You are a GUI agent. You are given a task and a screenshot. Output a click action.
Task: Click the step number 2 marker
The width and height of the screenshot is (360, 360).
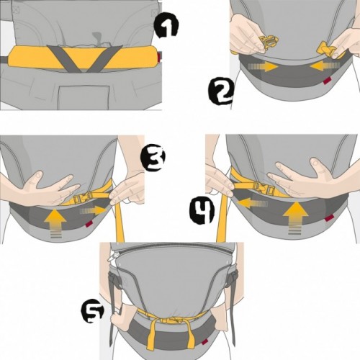click(221, 91)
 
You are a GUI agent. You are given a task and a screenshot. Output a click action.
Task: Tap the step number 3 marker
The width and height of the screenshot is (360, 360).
click(153, 158)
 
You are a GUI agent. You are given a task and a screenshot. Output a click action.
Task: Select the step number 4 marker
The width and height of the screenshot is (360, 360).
click(202, 212)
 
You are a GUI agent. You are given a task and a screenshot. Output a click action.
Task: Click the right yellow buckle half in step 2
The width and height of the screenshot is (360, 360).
click(327, 50)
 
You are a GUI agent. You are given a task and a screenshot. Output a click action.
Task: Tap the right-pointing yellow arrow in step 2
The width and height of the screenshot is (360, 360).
click(264, 66)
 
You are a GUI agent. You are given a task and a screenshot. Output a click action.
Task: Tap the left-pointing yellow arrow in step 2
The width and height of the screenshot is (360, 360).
click(325, 66)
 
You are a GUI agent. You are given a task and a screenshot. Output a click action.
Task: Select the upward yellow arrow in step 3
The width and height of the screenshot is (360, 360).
click(55, 223)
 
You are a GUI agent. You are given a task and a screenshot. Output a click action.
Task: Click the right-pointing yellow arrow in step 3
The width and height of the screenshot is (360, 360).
click(93, 210)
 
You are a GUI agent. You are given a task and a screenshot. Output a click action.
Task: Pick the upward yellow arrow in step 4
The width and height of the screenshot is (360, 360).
click(295, 217)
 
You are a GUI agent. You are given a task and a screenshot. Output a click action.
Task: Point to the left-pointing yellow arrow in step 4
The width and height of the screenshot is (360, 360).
click(251, 204)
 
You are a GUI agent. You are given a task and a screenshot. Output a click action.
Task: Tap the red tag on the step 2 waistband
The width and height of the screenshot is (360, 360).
click(326, 81)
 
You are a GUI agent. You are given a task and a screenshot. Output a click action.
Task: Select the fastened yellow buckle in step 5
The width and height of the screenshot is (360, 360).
click(172, 320)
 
